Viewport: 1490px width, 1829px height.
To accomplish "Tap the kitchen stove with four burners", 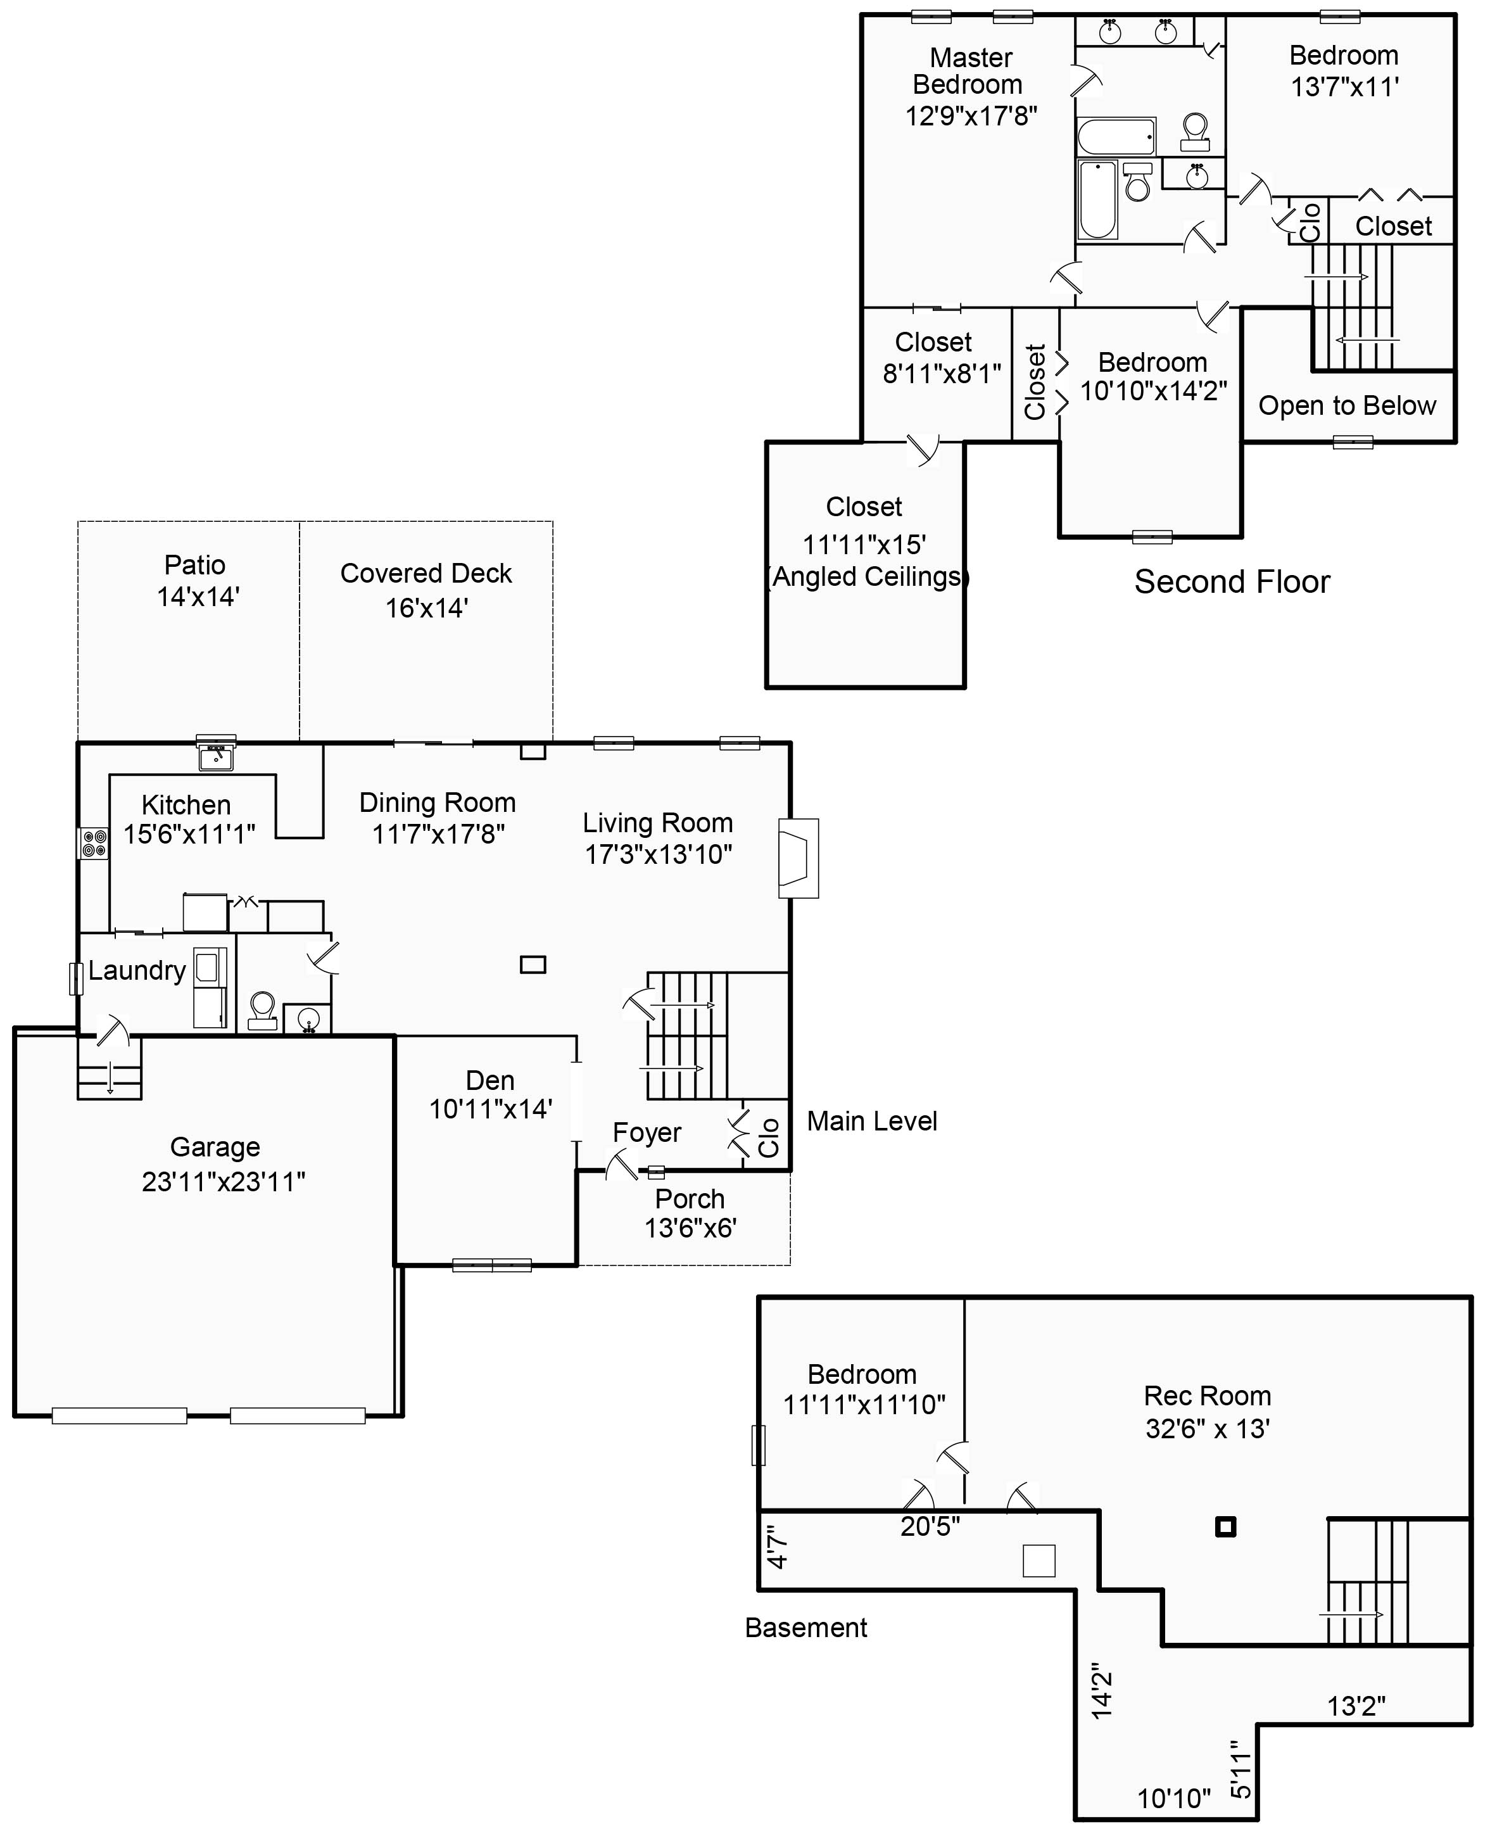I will point(94,843).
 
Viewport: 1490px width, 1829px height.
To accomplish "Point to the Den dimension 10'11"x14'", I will point(490,1109).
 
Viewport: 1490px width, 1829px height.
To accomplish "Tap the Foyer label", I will point(647,1133).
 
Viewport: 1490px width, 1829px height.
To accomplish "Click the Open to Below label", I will point(1347,406).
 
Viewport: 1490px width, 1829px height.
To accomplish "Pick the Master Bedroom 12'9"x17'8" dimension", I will point(971,116).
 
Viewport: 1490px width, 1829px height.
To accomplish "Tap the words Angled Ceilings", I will point(867,577).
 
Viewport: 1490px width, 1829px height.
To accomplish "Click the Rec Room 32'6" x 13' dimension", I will point(1208,1428).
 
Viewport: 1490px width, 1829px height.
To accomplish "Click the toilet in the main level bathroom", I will point(262,1009).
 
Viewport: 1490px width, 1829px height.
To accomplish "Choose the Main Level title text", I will point(871,1121).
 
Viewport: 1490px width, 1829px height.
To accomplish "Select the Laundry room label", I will point(137,971).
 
